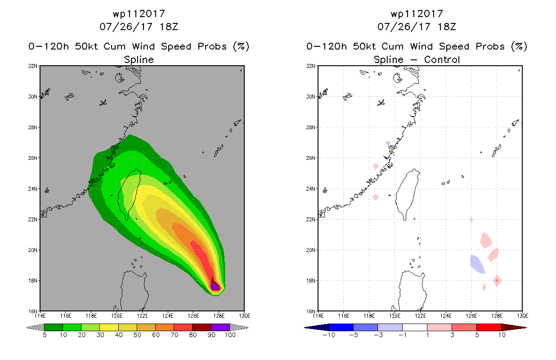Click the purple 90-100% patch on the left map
[x=215, y=285]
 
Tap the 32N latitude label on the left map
[x=32, y=66]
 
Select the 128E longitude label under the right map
[x=497, y=316]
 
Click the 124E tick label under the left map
[x=168, y=316]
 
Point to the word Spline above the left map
[x=139, y=60]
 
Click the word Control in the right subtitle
[x=442, y=60]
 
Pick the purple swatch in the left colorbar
[x=220, y=327]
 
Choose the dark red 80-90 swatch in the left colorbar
[x=202, y=327]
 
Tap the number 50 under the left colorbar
[x=137, y=335]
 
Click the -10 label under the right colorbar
[x=329, y=335]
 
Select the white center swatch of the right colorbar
[x=415, y=327]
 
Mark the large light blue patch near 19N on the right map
[x=477, y=264]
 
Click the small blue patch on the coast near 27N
[x=388, y=143]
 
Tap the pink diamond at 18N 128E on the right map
[x=497, y=280]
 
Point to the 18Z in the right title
[x=447, y=27]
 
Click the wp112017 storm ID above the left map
[x=139, y=14]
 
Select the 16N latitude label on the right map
[x=310, y=311]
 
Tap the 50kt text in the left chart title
[x=87, y=46]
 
